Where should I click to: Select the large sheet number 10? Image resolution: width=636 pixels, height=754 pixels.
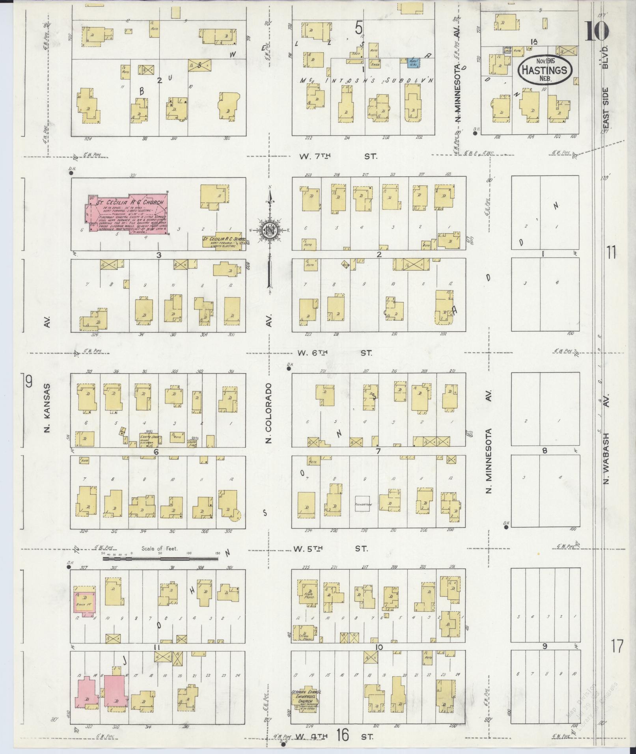pos(596,32)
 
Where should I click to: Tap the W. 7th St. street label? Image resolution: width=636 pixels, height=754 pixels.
pos(338,156)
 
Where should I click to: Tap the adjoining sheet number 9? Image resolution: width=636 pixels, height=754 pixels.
pos(28,382)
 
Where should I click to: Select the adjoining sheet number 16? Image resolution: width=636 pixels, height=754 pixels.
pos(343,734)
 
